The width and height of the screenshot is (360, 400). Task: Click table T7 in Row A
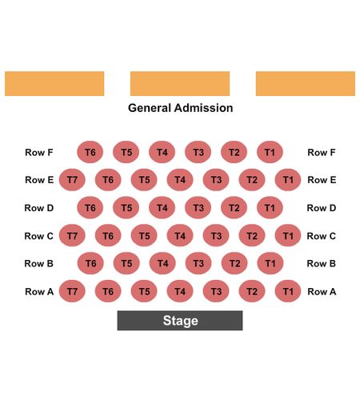tap(72, 291)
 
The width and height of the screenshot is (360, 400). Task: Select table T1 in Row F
tap(270, 152)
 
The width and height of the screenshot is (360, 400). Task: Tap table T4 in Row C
tap(180, 235)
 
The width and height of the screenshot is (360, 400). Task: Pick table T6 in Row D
tap(90, 207)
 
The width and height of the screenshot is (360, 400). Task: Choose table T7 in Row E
tap(72, 180)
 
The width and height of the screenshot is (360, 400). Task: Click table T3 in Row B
tap(198, 263)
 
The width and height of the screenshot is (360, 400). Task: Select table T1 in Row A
tap(288, 291)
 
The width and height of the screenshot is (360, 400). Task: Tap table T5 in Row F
tap(126, 152)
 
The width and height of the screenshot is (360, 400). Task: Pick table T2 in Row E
tap(252, 180)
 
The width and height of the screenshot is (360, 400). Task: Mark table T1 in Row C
tap(288, 235)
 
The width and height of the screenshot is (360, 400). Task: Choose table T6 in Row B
tap(90, 263)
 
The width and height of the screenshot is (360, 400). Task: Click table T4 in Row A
tap(180, 291)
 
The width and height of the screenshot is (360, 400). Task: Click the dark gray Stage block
tap(180, 321)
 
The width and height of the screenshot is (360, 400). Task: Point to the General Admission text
tap(181, 108)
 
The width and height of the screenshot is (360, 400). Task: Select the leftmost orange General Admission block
tap(54, 83)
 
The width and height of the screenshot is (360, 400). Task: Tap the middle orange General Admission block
tap(180, 83)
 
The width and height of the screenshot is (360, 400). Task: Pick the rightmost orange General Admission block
tap(306, 83)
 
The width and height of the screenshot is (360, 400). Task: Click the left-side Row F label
tap(39, 153)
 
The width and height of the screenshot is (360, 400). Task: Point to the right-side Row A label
tap(322, 291)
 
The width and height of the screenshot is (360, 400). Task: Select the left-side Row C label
tap(39, 236)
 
